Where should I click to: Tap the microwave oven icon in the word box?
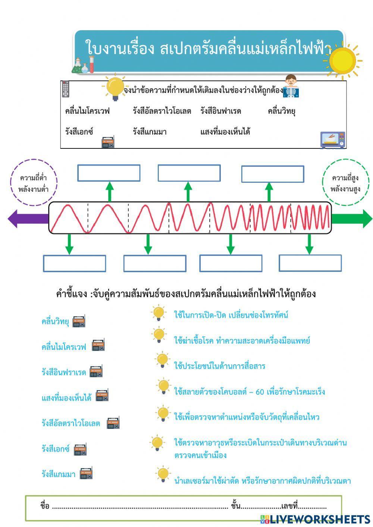(333, 140)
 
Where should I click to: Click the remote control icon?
(66, 89)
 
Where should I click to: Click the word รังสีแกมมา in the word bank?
(150, 132)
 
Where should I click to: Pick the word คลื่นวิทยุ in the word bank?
(281, 111)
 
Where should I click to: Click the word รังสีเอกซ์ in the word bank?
(79, 132)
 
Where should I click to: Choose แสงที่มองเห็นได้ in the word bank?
(225, 132)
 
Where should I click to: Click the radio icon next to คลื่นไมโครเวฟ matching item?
(98, 345)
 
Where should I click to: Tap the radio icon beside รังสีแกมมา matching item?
(86, 473)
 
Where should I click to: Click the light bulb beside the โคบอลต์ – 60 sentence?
(163, 387)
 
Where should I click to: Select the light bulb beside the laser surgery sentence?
(163, 474)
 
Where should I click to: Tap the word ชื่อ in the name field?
(45, 506)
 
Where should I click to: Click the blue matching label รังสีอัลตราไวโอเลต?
(71, 423)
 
